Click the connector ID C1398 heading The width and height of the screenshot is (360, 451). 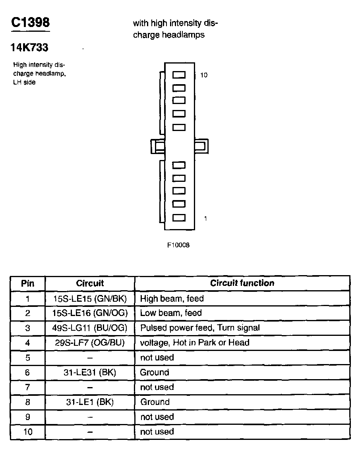tap(30, 23)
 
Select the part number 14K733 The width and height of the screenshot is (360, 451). tap(29, 48)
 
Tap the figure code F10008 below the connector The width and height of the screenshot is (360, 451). tap(178, 245)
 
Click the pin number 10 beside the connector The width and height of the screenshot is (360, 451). tap(204, 75)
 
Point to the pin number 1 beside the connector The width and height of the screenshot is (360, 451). tap(205, 218)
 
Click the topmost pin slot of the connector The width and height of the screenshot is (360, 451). tap(179, 75)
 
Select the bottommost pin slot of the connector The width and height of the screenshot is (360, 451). tap(179, 218)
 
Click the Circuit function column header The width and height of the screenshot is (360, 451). tap(242, 283)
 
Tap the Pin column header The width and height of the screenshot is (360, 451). tap(27, 283)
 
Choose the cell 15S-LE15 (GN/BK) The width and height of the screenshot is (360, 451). tap(90, 298)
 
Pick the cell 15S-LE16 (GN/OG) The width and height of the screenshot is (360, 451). tap(90, 313)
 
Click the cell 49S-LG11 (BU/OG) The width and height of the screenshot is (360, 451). tap(90, 328)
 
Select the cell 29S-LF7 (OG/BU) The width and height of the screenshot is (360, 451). tap(90, 343)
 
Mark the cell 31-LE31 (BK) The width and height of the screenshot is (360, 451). tap(90, 372)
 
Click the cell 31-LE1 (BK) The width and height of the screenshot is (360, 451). tap(90, 402)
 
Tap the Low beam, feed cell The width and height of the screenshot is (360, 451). tap(171, 313)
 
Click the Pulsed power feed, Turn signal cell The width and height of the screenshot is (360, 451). tap(200, 328)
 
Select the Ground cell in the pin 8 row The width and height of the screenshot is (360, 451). tap(155, 402)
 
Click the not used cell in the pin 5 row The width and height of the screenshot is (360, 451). tap(157, 358)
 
